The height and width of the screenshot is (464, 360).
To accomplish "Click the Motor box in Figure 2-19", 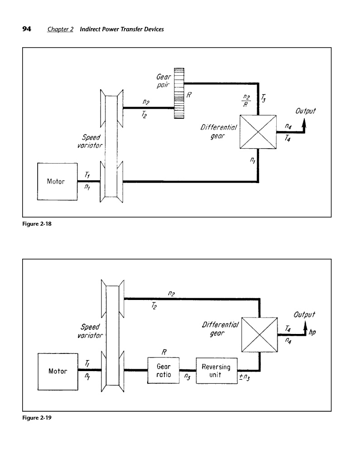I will [x=58, y=371].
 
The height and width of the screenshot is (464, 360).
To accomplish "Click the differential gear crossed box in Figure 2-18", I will [x=258, y=131].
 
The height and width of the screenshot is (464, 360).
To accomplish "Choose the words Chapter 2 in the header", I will [x=60, y=29].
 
